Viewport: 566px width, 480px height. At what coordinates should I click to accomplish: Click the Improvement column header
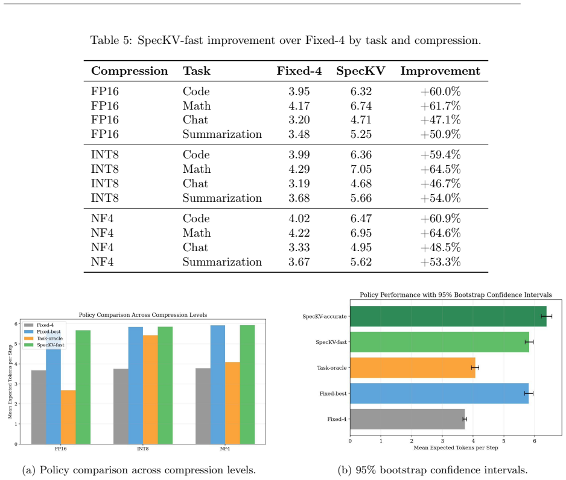[440, 71]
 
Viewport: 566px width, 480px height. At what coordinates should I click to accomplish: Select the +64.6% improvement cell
[440, 233]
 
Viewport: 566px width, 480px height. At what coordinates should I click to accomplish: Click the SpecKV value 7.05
[361, 169]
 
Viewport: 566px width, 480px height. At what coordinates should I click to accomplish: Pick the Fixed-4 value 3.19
[299, 184]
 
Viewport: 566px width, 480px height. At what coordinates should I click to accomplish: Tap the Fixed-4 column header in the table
[299, 71]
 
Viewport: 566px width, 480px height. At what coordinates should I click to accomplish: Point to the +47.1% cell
[440, 120]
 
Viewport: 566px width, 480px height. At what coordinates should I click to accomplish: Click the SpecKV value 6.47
[361, 219]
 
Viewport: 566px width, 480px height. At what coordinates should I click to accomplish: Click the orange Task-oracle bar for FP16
[68, 417]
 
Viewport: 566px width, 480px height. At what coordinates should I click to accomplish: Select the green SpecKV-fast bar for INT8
[165, 385]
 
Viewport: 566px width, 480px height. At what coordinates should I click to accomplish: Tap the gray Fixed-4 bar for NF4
[203, 406]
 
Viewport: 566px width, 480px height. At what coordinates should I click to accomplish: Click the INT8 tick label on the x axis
[142, 449]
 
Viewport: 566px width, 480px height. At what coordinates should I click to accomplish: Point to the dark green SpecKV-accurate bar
[448, 316]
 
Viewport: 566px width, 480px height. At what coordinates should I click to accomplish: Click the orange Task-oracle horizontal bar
[413, 367]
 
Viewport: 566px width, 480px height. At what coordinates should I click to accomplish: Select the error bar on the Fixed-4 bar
[465, 419]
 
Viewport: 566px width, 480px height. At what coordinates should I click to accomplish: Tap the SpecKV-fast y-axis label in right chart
[331, 342]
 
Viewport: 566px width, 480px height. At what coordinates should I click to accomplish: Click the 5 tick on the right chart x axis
[504, 441]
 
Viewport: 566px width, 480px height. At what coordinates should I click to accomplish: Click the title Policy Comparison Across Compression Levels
[143, 315]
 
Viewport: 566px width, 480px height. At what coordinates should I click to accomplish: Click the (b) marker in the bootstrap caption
[345, 470]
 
